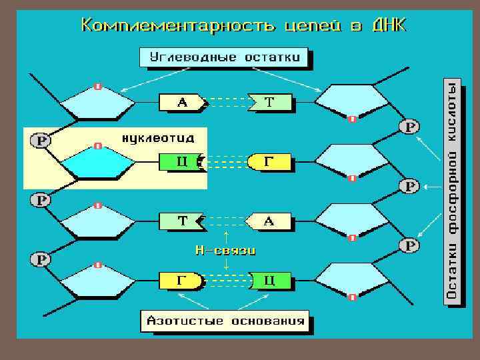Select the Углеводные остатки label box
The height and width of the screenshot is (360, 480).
[x=225, y=57]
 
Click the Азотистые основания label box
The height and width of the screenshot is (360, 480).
[x=225, y=321]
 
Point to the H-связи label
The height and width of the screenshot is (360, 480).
[x=225, y=251]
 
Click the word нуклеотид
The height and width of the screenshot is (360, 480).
[x=158, y=139]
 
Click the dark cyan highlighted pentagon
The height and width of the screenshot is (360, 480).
[x=98, y=163]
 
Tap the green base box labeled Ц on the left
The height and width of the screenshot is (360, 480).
[x=181, y=161]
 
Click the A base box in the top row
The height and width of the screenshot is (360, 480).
[x=181, y=103]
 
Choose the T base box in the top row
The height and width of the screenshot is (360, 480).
[x=270, y=103]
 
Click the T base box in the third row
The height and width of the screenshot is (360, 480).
[x=181, y=221]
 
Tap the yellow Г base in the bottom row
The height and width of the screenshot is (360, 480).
[x=181, y=281]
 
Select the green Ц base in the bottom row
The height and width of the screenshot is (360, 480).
[x=270, y=281]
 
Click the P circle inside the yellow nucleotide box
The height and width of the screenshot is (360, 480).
[x=41, y=141]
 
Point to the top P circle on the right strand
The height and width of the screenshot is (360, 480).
[x=410, y=127]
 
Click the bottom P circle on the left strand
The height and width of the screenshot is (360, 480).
[x=41, y=258]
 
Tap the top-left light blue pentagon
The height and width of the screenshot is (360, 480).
[x=98, y=103]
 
